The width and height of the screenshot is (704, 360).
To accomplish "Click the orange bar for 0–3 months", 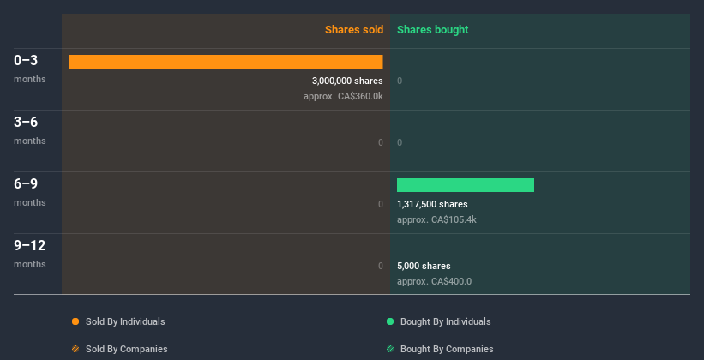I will click(226, 62).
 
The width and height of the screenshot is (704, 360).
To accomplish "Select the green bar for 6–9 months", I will click(466, 185).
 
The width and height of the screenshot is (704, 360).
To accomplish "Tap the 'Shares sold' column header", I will click(353, 30).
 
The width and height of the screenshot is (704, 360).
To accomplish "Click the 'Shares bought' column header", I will click(432, 30).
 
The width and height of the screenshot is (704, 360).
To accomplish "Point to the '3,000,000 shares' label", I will click(347, 81).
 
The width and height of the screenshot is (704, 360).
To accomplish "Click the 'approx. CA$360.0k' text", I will click(343, 96).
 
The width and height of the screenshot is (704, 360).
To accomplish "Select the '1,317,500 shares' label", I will click(432, 204).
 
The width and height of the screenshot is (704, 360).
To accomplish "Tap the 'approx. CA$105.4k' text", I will click(436, 219).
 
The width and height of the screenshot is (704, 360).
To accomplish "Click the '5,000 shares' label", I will click(424, 266).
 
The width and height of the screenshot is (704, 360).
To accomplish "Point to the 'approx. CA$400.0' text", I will click(434, 281).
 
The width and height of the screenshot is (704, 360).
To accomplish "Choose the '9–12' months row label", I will click(30, 246).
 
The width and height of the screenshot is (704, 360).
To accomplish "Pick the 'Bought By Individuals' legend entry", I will click(445, 321).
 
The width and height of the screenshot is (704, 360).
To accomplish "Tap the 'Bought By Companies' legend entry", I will click(447, 349).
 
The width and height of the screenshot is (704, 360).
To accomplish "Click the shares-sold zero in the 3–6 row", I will click(381, 142).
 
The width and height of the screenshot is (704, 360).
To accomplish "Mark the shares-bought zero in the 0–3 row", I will click(400, 81).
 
